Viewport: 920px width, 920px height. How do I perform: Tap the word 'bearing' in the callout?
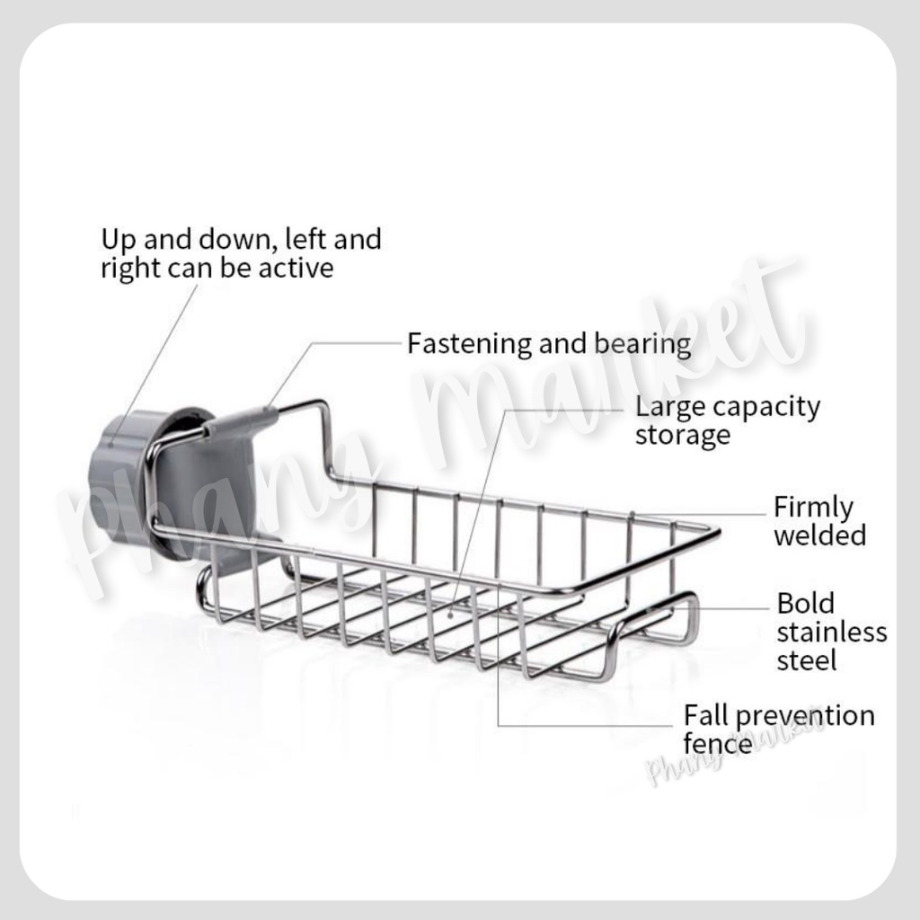[x=642, y=344]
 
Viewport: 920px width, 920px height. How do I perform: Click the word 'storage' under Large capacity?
[x=683, y=436]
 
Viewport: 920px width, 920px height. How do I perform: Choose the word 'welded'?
[x=819, y=535]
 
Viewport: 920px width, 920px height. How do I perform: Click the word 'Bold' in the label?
[x=805, y=603]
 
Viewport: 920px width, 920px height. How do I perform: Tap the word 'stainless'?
[x=831, y=632]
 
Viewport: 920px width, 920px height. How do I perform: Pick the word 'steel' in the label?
[x=806, y=660]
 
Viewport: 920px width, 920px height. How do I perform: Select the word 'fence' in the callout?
[x=718, y=743]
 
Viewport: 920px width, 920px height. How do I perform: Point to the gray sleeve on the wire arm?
[x=241, y=420]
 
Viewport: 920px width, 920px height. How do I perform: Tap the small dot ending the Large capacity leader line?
[x=450, y=615]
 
